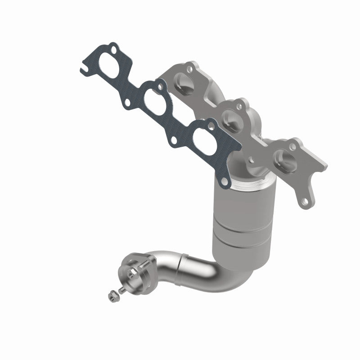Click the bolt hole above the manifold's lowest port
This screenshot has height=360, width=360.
coord(295,146)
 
